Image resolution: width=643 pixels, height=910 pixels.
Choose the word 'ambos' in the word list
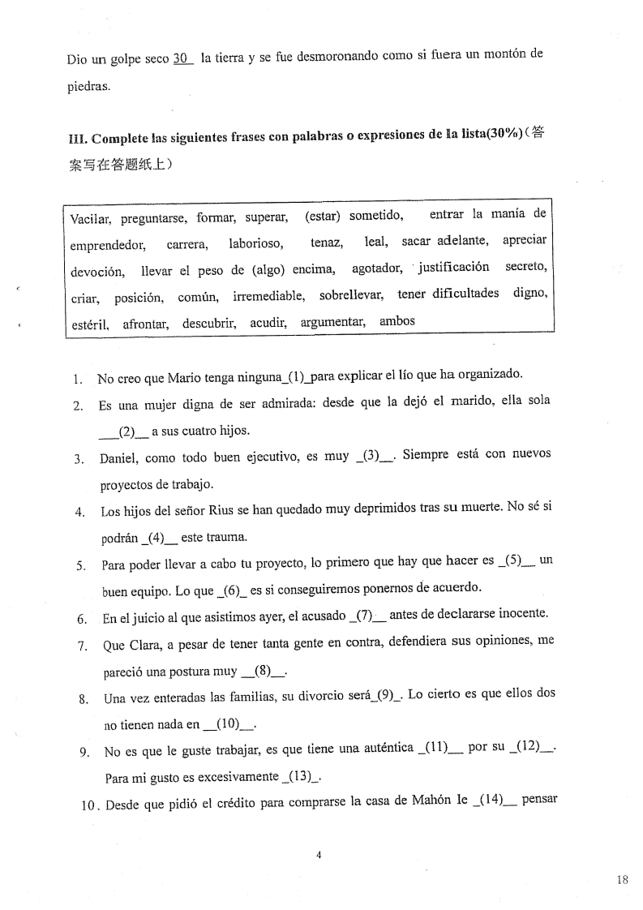tap(397, 321)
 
